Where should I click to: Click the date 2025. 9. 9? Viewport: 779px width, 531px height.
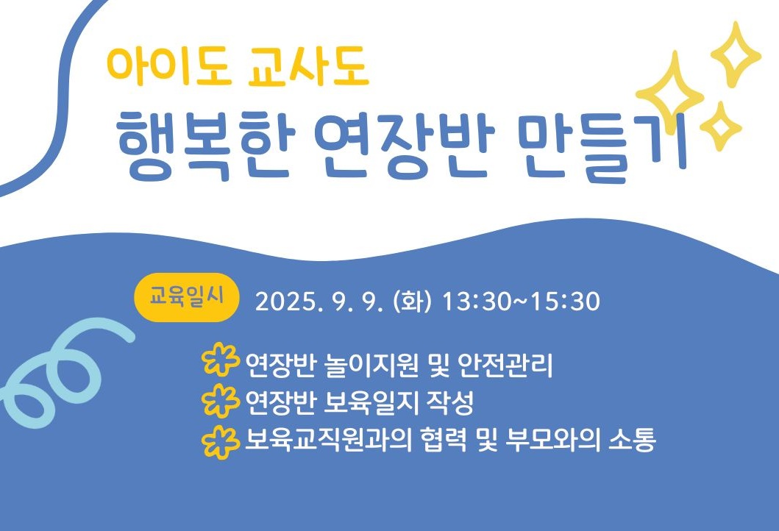click(319, 301)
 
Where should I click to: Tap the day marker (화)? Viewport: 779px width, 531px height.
click(412, 301)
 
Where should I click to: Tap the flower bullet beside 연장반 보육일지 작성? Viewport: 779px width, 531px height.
click(220, 400)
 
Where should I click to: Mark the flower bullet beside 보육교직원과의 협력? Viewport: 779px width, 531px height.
click(220, 440)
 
